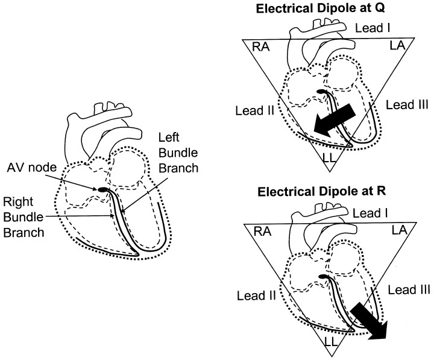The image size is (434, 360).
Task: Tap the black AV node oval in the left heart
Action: (x=104, y=190)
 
